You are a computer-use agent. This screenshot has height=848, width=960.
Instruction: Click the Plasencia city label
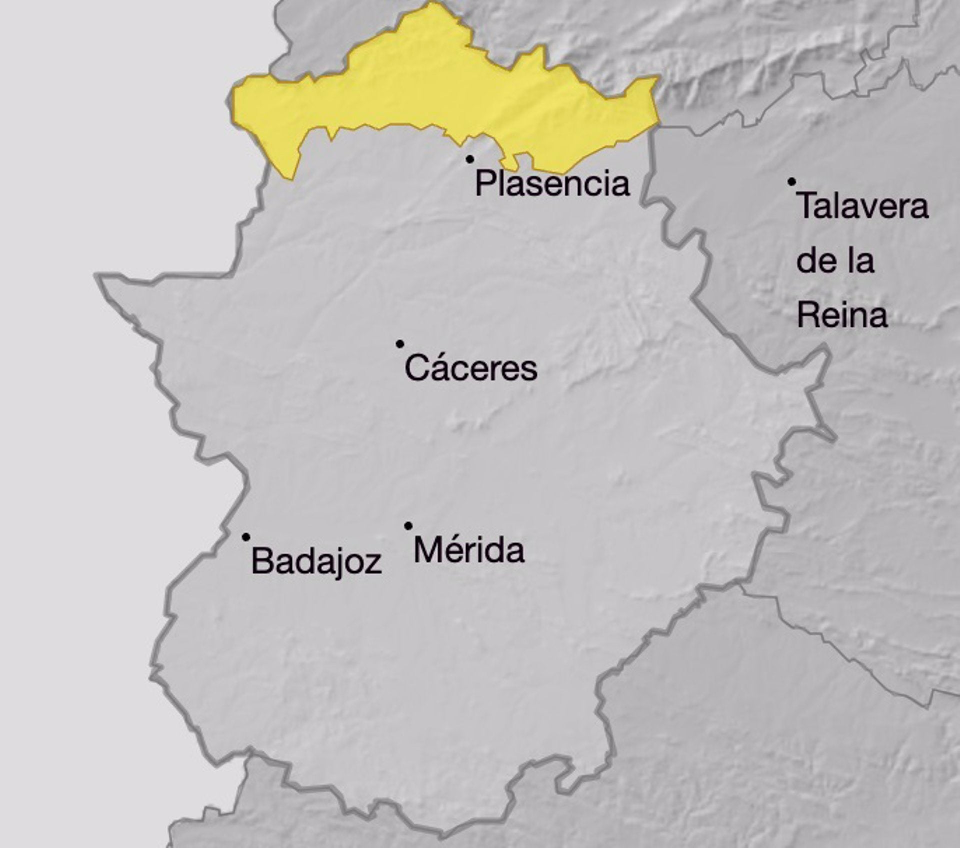pyautogui.click(x=552, y=184)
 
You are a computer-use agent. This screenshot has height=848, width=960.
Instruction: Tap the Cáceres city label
pyautogui.click(x=471, y=369)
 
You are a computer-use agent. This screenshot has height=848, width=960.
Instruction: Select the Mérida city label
pyautogui.click(x=469, y=550)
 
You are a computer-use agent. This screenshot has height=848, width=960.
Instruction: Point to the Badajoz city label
pyautogui.click(x=316, y=561)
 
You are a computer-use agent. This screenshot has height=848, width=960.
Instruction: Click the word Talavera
pyautogui.click(x=863, y=206)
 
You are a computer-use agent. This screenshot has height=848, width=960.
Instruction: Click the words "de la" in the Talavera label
pyautogui.click(x=835, y=260)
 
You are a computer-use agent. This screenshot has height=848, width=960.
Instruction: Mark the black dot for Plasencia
pyautogui.click(x=470, y=159)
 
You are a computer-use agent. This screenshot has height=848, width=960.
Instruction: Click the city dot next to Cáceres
pyautogui.click(x=400, y=344)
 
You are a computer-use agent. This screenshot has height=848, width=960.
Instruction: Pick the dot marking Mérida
pyautogui.click(x=408, y=526)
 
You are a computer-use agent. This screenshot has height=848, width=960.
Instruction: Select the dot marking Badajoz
pyautogui.click(x=246, y=537)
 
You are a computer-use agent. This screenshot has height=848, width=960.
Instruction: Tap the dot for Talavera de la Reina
pyautogui.click(x=792, y=182)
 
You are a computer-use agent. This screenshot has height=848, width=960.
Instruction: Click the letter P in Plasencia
pyautogui.click(x=485, y=183)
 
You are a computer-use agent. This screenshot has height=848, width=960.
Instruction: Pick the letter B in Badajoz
pyautogui.click(x=262, y=560)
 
